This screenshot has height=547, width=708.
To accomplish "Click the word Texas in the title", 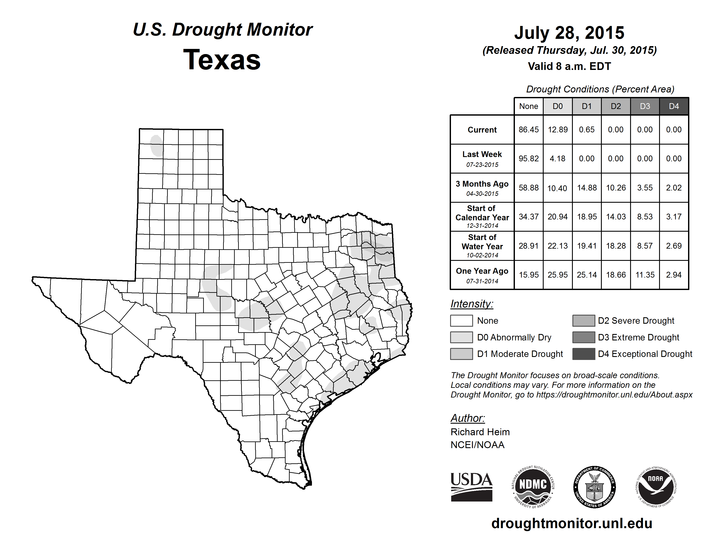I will pyautogui.click(x=222, y=60).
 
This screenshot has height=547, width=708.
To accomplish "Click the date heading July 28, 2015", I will pyautogui.click(x=569, y=33).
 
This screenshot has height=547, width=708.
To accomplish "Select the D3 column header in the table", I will pyautogui.click(x=645, y=106).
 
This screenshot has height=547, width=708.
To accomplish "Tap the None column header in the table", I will pyautogui.click(x=528, y=106).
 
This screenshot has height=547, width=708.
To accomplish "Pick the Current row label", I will pyautogui.click(x=482, y=130).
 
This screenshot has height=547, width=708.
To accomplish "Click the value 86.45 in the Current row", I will pyautogui.click(x=528, y=130).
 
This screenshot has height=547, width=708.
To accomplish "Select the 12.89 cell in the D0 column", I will pyautogui.click(x=558, y=130).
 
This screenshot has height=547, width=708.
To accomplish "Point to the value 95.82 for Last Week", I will pyautogui.click(x=528, y=159).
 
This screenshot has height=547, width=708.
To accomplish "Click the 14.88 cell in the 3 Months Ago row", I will pyautogui.click(x=587, y=188).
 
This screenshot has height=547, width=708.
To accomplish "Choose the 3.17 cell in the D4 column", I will pyautogui.click(x=674, y=216).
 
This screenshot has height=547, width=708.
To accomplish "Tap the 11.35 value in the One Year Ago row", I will pyautogui.click(x=645, y=275).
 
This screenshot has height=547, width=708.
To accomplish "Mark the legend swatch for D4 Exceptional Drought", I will pyautogui.click(x=584, y=354).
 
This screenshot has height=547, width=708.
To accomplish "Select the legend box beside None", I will pyautogui.click(x=461, y=320).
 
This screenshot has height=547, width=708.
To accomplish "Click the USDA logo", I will pyautogui.click(x=471, y=487).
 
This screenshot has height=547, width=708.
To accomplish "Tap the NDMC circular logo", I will pyautogui.click(x=533, y=487).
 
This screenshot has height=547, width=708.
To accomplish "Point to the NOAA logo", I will pyautogui.click(x=655, y=487).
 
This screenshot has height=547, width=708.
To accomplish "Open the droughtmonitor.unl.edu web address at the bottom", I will pyautogui.click(x=572, y=524).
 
